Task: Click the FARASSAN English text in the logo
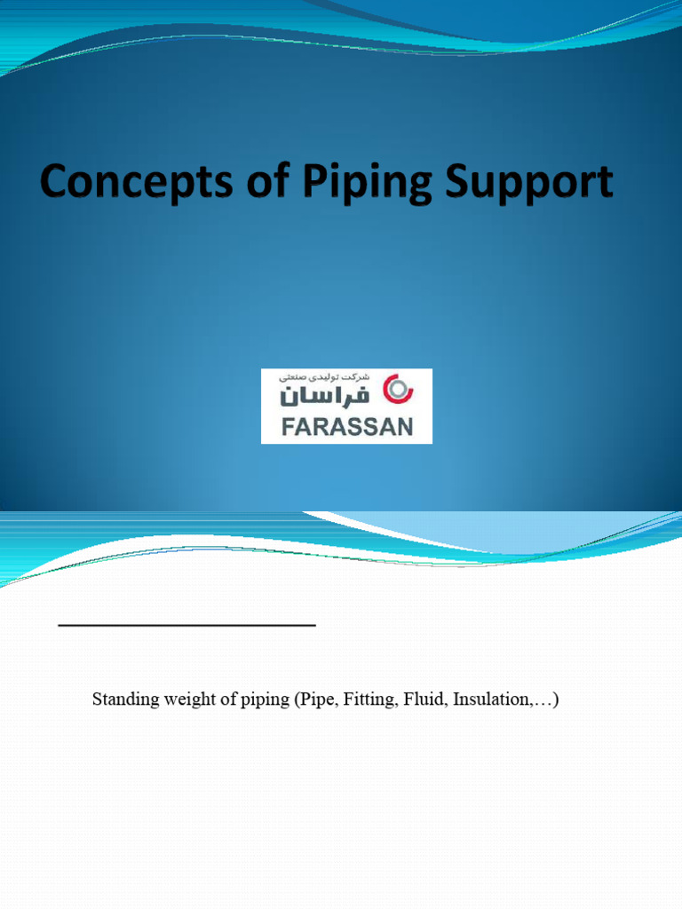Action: click(x=346, y=426)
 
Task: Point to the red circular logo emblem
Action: click(x=395, y=389)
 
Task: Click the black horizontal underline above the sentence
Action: click(x=186, y=626)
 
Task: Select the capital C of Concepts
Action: click(x=53, y=184)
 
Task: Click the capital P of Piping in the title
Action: click(x=319, y=184)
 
